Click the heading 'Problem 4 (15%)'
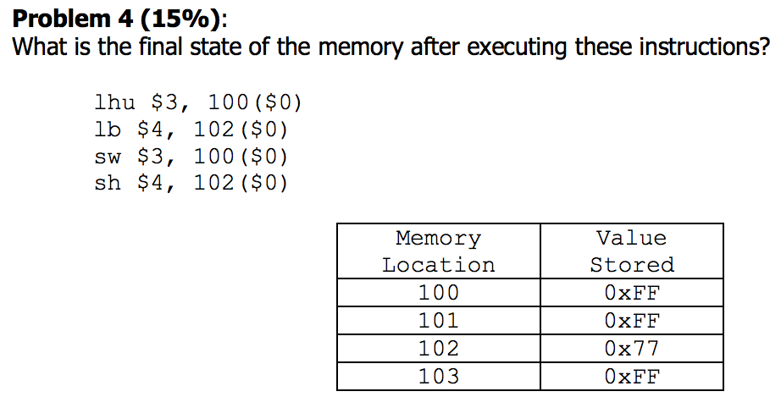[114, 18]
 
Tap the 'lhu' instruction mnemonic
[114, 104]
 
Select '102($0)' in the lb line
[241, 130]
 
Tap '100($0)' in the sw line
[241, 157]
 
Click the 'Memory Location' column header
[438, 251]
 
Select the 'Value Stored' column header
[632, 251]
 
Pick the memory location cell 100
[438, 293]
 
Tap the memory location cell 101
[438, 321]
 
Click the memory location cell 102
[438, 348]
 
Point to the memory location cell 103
[438, 376]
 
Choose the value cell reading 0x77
[632, 348]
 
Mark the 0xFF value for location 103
[632, 376]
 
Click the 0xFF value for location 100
[632, 293]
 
